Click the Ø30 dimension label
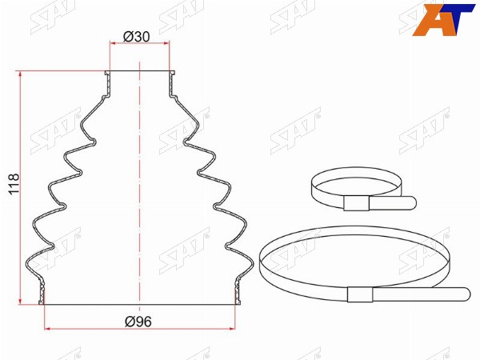click(137, 37)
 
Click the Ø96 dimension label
click(138, 322)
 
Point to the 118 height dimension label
click(14, 184)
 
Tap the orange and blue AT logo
click(443, 19)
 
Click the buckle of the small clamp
click(356, 203)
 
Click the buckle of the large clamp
click(360, 294)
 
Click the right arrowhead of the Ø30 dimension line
click(166, 43)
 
